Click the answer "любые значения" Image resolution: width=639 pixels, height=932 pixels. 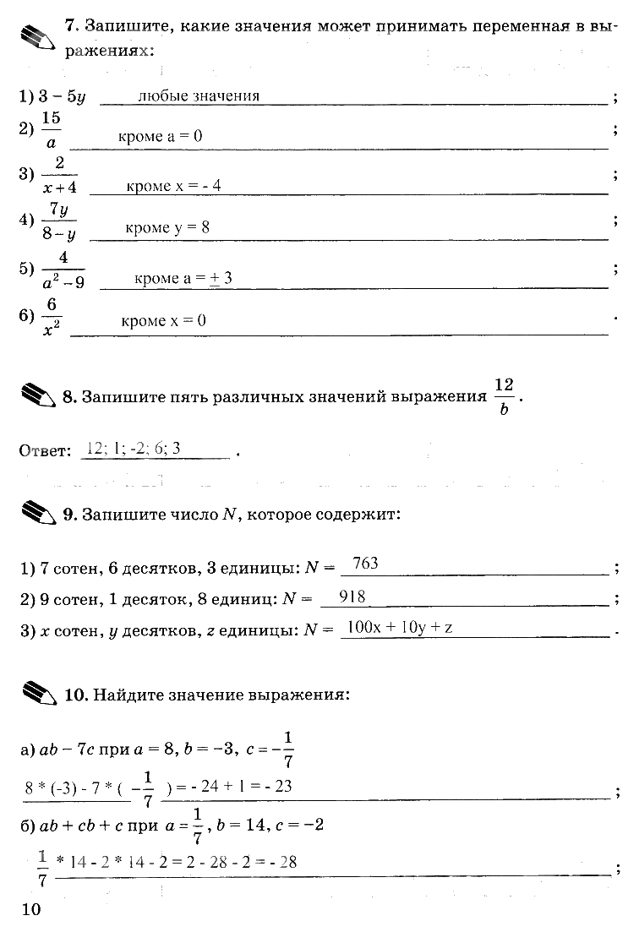pyautogui.click(x=199, y=95)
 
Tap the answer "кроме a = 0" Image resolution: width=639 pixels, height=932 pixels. pyautogui.click(x=161, y=136)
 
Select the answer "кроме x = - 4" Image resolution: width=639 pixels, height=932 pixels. pyautogui.click(x=173, y=185)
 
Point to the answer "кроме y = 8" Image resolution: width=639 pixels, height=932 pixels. pyautogui.click(x=167, y=228)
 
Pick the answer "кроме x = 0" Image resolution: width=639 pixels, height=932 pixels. pyautogui.click(x=163, y=321)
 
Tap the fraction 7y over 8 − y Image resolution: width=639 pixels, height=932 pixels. pyautogui.click(x=58, y=222)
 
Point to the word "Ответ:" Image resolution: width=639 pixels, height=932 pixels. pyautogui.click(x=45, y=451)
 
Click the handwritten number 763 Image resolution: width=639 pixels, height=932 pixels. pyautogui.click(x=364, y=563)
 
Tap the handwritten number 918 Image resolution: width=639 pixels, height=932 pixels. pyautogui.click(x=352, y=597)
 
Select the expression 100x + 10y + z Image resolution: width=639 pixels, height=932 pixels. pyautogui.click(x=401, y=628)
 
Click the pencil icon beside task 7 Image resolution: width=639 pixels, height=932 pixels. pyautogui.click(x=38, y=38)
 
